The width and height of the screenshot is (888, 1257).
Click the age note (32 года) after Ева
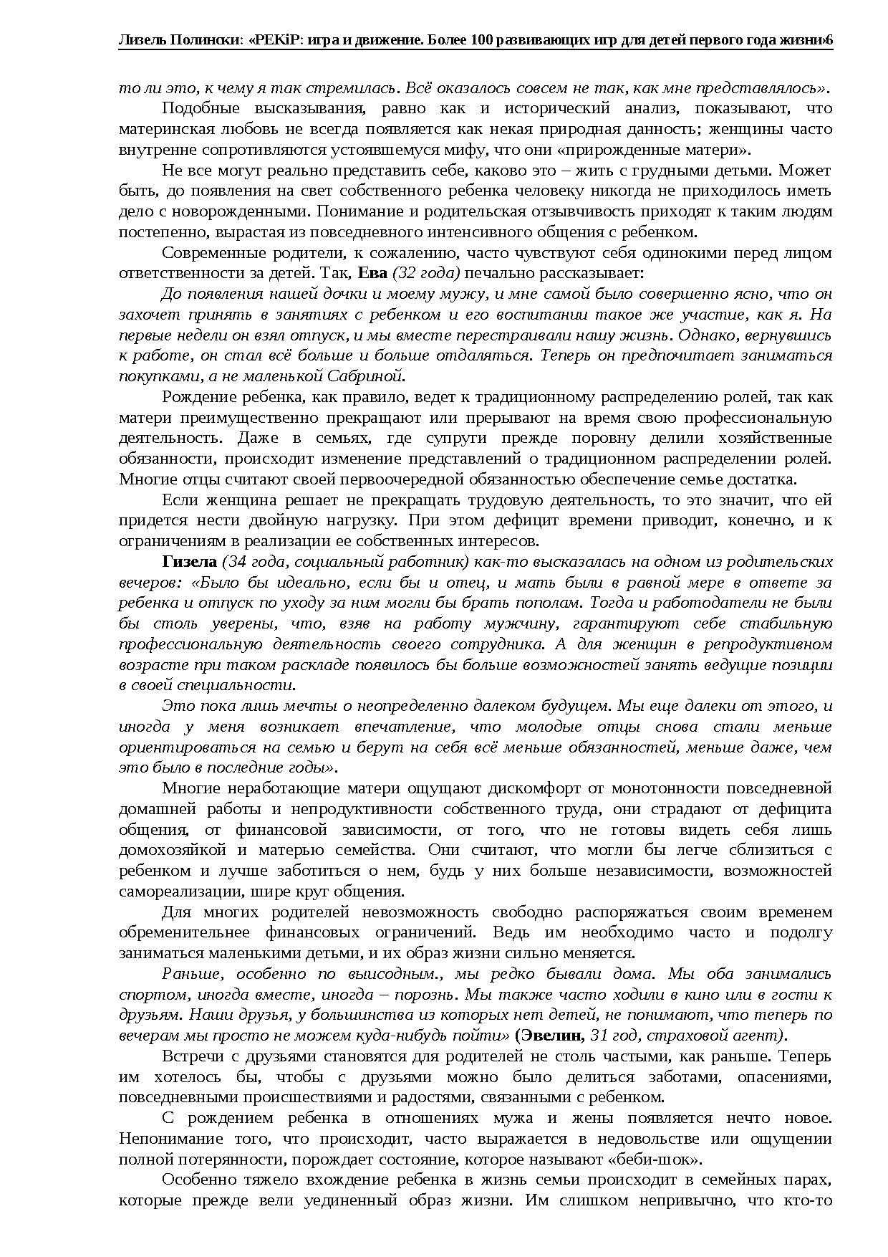click(x=425, y=273)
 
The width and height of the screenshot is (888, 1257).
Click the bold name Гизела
click(x=189, y=561)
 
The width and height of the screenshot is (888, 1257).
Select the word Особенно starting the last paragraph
click(x=195, y=1180)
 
